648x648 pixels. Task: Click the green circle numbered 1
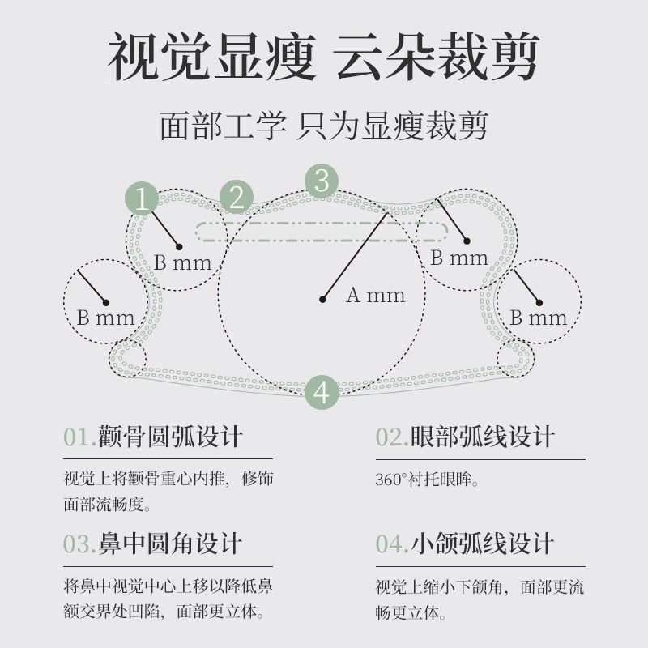(x=143, y=199)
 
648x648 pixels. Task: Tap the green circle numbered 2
(x=237, y=198)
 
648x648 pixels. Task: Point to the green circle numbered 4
(x=322, y=392)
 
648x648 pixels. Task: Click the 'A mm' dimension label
(x=376, y=296)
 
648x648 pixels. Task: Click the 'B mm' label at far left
(x=106, y=318)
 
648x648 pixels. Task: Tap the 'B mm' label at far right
(x=539, y=318)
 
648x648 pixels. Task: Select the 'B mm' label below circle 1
(x=183, y=262)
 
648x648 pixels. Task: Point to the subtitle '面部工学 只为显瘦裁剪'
(x=324, y=127)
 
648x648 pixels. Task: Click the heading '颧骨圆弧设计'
(x=170, y=437)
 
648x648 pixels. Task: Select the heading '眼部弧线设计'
(x=483, y=437)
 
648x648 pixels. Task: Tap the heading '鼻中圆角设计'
(x=170, y=544)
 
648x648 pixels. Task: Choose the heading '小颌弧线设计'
(x=483, y=544)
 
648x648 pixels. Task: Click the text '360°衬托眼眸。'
(x=428, y=479)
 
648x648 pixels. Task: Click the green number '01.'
(x=80, y=437)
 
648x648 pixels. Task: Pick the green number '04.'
(x=393, y=544)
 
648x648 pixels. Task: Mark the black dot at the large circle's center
(x=322, y=300)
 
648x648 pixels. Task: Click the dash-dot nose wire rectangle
(x=322, y=232)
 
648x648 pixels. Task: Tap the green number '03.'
(x=80, y=544)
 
